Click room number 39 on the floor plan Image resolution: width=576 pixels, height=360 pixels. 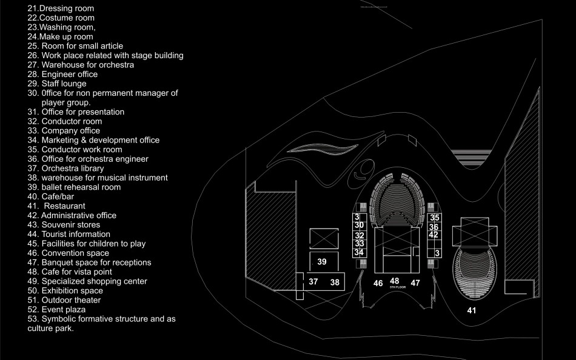pos(322,261)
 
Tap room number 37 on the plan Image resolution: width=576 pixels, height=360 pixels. pos(313,282)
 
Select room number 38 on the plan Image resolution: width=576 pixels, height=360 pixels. pos(335,282)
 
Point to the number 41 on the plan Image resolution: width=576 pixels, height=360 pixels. pos(472,310)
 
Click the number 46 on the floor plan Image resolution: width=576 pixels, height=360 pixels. pos(378,282)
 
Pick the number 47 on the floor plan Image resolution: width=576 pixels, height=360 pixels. pos(415,282)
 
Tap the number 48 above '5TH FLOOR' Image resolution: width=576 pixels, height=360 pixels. pos(395,281)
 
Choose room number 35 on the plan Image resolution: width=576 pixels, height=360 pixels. pos(434,218)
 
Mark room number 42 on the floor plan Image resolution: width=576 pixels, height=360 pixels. pos(434,235)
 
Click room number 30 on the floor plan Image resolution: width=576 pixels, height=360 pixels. pos(359,225)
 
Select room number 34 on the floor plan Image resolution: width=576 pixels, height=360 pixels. pos(359,252)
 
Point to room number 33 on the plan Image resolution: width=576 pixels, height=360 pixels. pos(359,243)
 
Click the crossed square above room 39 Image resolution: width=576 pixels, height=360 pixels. pos(321,238)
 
